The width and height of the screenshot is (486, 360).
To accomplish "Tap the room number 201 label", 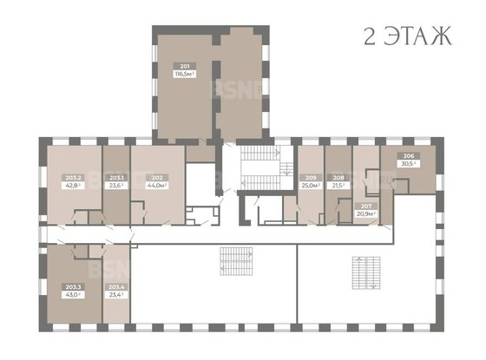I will [x=185, y=67].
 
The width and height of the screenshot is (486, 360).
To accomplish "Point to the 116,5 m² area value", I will [x=185, y=75].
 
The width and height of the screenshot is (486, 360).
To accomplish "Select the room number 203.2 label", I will [x=73, y=178].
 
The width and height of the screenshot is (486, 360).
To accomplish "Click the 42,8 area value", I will [x=73, y=185].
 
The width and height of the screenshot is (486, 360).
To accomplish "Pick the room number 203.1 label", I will [x=116, y=178].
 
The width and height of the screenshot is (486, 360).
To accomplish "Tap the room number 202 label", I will [x=157, y=178].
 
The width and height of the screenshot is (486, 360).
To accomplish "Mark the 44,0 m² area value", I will [x=157, y=185].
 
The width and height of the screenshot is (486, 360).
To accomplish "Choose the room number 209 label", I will [x=311, y=178].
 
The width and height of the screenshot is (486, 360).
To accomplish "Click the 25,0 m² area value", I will [x=311, y=185].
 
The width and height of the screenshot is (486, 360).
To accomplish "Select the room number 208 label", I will [x=338, y=178].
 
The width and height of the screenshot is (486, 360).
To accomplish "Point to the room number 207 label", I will [x=365, y=206].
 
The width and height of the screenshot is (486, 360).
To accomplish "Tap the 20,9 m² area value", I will [x=365, y=213].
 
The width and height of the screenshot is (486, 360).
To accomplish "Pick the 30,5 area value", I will [x=408, y=162].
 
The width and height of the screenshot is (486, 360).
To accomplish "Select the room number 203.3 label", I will [x=73, y=286].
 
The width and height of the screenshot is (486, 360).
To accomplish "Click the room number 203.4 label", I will [x=115, y=286].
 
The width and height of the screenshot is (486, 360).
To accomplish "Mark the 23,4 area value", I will [x=115, y=294].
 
